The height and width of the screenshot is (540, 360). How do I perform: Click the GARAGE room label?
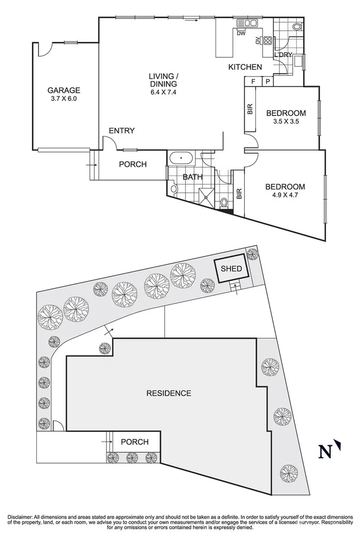pos(63,91)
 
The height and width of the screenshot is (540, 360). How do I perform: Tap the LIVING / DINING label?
pos(163,80)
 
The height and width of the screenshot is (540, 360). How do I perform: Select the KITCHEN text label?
pos(245,67)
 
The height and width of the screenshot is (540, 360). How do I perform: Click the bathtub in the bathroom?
pos(181,158)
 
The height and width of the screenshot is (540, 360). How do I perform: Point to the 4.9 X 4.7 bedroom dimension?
pos(285,195)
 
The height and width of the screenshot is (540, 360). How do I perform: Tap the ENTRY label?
pos(121,131)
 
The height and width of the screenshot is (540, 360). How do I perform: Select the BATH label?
pos(192,177)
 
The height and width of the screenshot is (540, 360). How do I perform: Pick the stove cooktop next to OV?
pos(267,40)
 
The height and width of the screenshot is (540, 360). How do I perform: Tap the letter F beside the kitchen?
pos(253,82)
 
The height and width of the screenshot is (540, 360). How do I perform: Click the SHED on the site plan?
pos(231,269)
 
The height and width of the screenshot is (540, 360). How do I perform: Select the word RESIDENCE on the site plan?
pos(169,393)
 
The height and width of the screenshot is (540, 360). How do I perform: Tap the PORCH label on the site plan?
pos(135,442)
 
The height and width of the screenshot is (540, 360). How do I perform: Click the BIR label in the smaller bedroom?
pos(250,109)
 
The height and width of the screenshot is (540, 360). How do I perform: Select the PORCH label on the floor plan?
pos(133,164)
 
